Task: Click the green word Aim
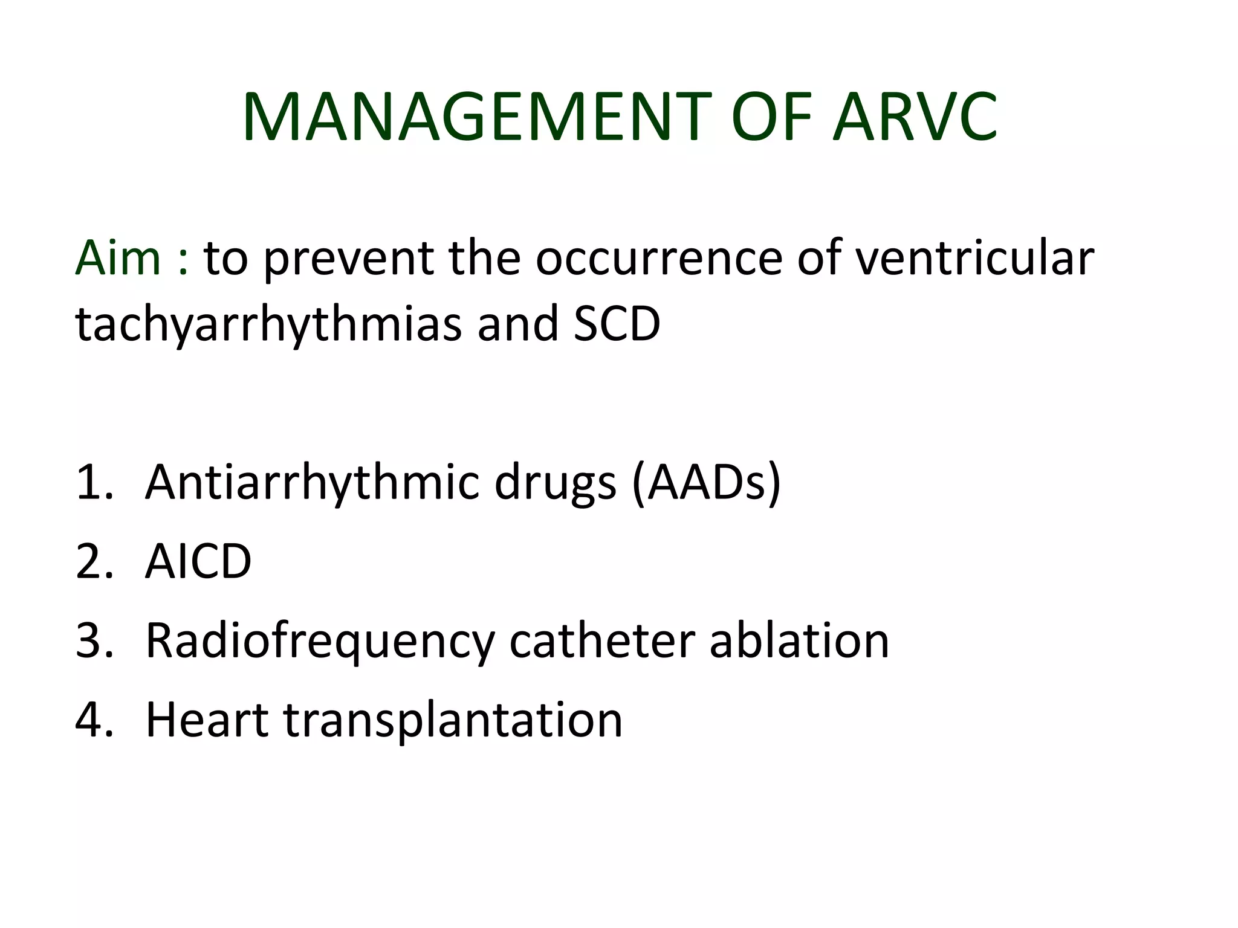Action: click(x=118, y=258)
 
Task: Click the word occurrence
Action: click(x=658, y=258)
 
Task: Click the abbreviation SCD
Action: click(x=617, y=323)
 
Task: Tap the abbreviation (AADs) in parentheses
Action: click(x=705, y=483)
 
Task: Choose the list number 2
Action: click(x=91, y=561)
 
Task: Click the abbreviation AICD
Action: click(x=198, y=561)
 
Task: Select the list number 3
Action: click(x=91, y=640)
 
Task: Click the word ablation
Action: click(x=799, y=640)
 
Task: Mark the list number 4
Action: click(x=91, y=720)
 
